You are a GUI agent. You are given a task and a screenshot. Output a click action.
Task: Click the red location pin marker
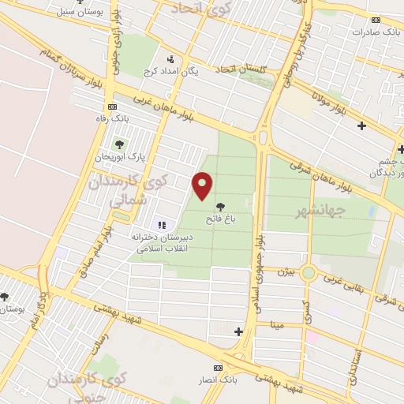point(203,186)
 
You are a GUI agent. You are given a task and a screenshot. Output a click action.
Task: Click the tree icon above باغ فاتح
point(219,206)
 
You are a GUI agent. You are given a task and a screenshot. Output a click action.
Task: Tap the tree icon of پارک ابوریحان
point(119,144)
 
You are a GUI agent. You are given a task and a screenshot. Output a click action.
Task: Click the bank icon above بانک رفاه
point(113,107)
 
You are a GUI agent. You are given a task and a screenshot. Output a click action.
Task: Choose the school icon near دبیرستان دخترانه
point(162,225)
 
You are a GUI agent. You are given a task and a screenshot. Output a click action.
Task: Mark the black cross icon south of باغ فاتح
point(239,331)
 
